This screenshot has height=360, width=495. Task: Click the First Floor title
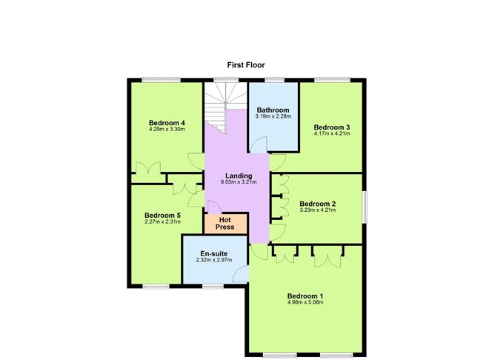point(246,65)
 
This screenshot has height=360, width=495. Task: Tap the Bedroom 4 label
point(166,123)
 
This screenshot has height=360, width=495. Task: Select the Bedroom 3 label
point(331,127)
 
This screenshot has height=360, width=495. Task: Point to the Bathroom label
point(273,110)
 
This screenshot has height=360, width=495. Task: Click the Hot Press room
point(225,223)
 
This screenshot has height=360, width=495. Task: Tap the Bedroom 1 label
point(305,296)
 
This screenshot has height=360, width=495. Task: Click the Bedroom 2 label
point(317,204)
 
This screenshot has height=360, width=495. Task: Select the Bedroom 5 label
point(162,216)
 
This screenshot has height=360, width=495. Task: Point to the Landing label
point(239,176)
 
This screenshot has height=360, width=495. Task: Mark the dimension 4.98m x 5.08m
point(305,302)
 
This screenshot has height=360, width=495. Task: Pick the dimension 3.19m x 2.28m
point(273,116)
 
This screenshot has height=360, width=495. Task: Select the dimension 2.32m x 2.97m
point(214,260)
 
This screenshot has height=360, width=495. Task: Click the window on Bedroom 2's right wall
point(364,205)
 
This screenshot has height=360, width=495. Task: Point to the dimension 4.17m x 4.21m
point(331,133)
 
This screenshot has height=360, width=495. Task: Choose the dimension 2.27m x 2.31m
point(162,221)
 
